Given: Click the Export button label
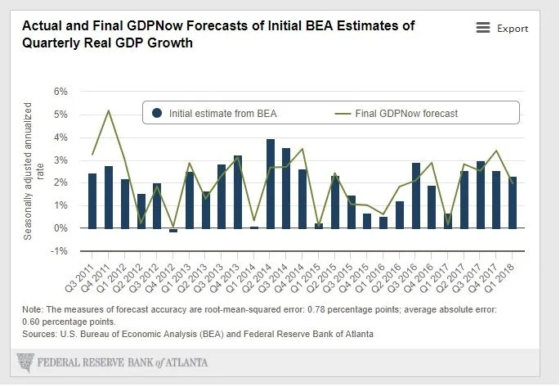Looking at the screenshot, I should pyautogui.click(x=513, y=29).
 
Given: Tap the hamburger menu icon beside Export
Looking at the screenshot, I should pyautogui.click(x=483, y=28).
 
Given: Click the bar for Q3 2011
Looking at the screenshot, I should pyautogui.click(x=92, y=200).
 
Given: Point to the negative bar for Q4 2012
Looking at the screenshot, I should pyautogui.click(x=173, y=230).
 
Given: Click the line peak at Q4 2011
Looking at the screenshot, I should pyautogui.click(x=109, y=110).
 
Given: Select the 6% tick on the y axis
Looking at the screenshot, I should pyautogui.click(x=60, y=91).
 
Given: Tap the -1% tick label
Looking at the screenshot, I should pyautogui.click(x=58, y=251).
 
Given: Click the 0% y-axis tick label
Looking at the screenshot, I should pyautogui.click(x=60, y=228).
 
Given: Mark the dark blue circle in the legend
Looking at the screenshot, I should pyautogui.click(x=157, y=113).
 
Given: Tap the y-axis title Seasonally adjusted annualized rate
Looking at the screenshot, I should pyautogui.click(x=32, y=171).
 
